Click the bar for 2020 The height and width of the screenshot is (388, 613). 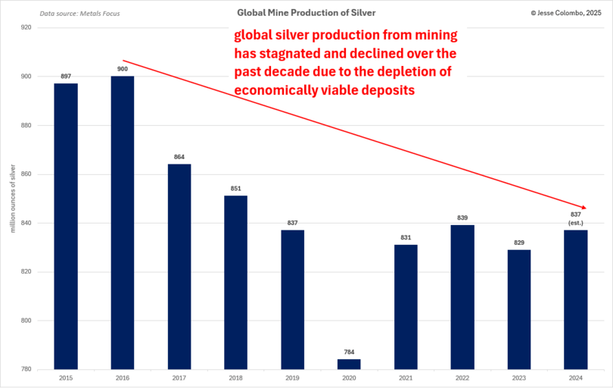(x=349, y=365)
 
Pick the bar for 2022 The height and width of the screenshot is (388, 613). (x=462, y=297)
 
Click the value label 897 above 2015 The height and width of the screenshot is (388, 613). (x=66, y=77)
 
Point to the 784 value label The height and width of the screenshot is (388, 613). (x=349, y=352)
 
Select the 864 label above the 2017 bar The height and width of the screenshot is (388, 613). (x=179, y=157)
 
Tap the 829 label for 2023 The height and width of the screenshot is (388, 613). (x=519, y=242)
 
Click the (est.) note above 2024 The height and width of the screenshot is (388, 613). (x=576, y=223)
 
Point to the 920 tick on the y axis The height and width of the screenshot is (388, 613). (x=26, y=27)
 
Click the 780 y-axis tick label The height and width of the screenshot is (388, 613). (x=26, y=370)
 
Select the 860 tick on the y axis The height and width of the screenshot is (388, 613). (x=26, y=174)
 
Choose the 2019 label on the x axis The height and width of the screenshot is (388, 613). (x=292, y=377)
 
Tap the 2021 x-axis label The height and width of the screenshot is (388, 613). (x=406, y=377)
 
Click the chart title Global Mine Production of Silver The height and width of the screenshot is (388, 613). (x=306, y=13)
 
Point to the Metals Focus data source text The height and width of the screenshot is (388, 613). (x=79, y=14)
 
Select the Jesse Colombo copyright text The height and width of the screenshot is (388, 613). (x=567, y=13)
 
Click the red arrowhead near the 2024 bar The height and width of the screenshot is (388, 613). (x=583, y=207)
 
